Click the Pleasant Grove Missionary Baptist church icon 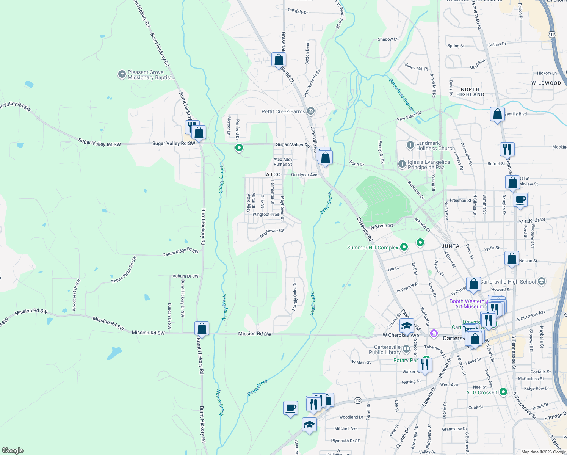[x=122, y=74]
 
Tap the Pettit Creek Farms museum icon [x=311, y=111]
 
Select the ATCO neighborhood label [x=273, y=175]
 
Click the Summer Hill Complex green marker [x=404, y=248]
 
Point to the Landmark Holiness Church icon [x=410, y=145]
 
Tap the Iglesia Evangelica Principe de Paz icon [x=402, y=164]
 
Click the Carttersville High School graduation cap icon [x=542, y=281]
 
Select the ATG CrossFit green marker [x=503, y=392]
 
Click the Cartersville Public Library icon [x=406, y=349]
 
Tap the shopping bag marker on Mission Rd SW [x=202, y=328]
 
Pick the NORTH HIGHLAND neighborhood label [x=470, y=92]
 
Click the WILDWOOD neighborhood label [x=546, y=83]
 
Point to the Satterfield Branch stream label [x=401, y=94]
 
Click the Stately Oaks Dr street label [x=294, y=297]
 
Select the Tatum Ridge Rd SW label [x=180, y=252]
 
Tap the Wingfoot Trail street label [x=266, y=215]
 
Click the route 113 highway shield [x=358, y=400]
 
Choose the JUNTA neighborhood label [x=450, y=246]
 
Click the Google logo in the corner [x=13, y=450]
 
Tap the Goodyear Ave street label [x=304, y=175]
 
